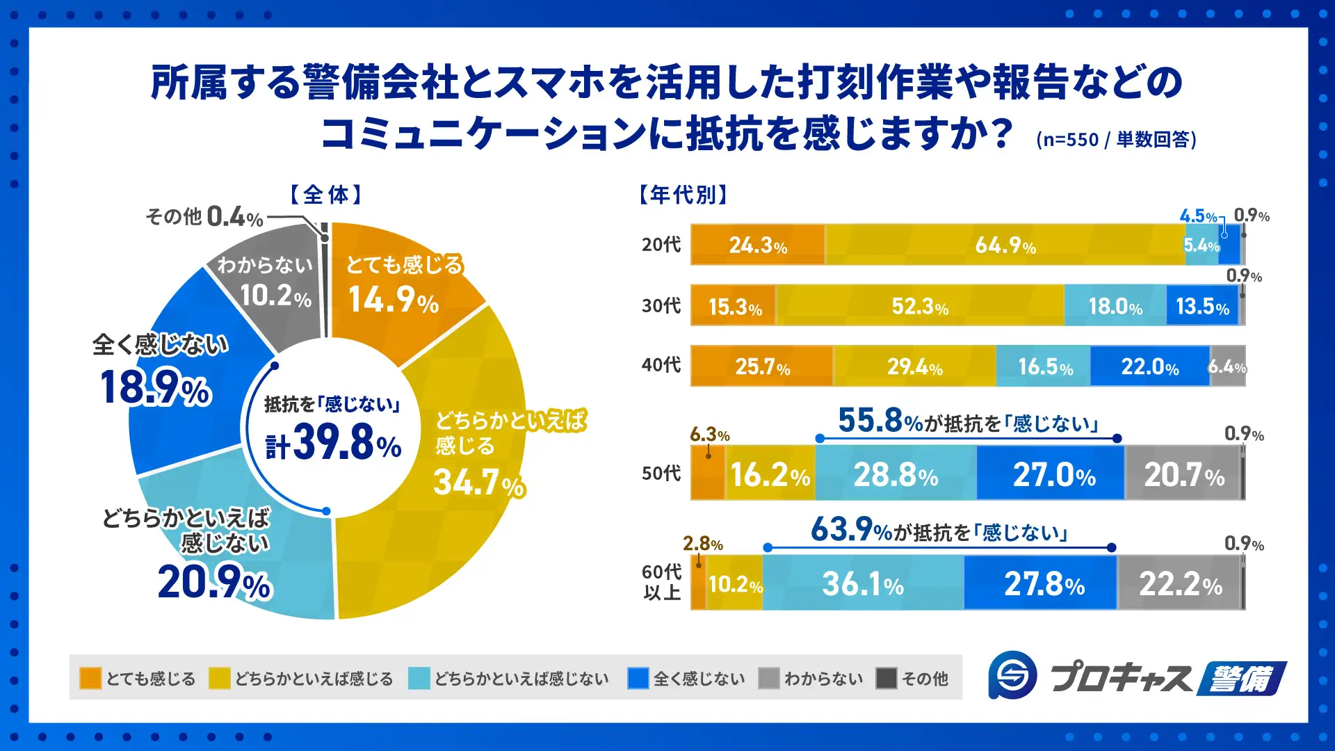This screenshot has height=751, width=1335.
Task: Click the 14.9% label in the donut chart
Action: pos(394,300)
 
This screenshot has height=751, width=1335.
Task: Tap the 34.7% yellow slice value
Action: pos(478,482)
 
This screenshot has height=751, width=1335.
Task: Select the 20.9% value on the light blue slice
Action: pos(214,583)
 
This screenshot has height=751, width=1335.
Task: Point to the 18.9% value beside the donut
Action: pos(155,388)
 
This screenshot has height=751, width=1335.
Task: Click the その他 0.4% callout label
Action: pos(204,217)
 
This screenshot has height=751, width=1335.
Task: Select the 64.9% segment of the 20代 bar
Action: pos(1005,245)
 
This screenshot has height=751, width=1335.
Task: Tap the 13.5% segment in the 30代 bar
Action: pos(1202,307)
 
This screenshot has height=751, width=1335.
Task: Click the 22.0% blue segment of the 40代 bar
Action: pos(1149,366)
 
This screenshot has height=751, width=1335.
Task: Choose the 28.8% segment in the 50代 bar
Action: pos(896,475)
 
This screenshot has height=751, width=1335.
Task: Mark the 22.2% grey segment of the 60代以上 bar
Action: pos(1180,584)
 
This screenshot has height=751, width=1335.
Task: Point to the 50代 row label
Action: pos(661,474)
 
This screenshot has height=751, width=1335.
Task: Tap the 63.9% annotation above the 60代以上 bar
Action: pos(939,531)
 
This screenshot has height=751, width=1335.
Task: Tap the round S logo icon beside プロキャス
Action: pos(1013,675)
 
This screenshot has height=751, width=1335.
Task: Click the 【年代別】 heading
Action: pos(683,195)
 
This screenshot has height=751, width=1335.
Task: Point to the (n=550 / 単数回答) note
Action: pos(1116,140)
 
